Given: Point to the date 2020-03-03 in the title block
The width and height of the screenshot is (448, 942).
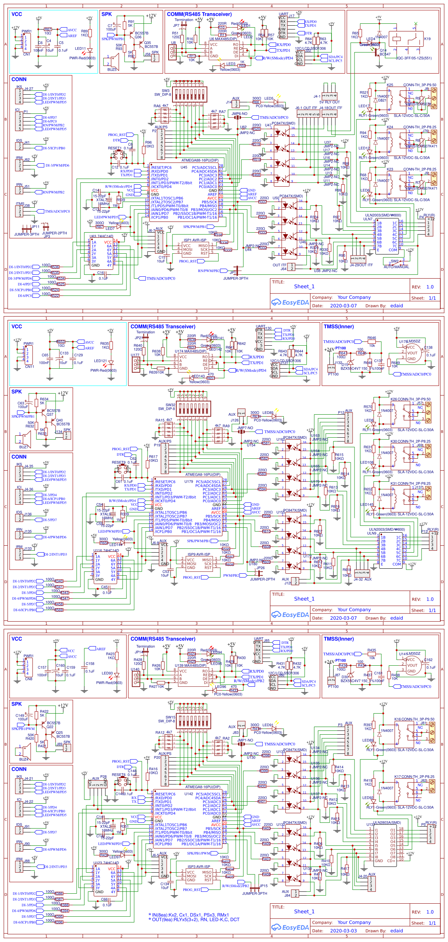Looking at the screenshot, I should point(343,931).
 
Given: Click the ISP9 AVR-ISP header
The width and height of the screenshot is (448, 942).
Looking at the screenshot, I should point(199,563).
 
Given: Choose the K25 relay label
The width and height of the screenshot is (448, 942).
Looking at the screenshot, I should point(390,85).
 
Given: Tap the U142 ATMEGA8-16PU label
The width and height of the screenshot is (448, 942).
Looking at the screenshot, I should point(189,794).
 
